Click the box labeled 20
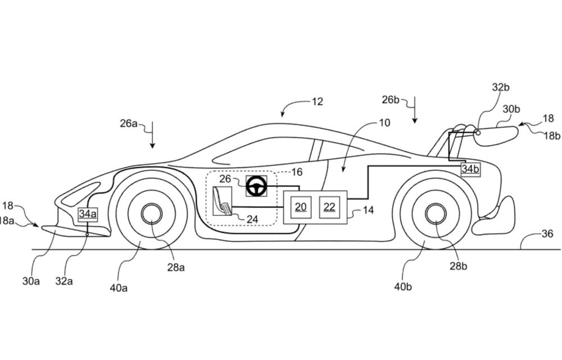coord(301,207)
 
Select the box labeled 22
coord(329,207)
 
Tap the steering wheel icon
coord(257,186)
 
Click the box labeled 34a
coord(88,213)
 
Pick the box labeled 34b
coord(471,168)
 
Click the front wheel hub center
coord(151,214)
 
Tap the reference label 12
coord(318,102)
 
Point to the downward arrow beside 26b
coord(414,110)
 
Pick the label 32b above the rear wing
coord(500,87)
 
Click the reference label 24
coord(252,219)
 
